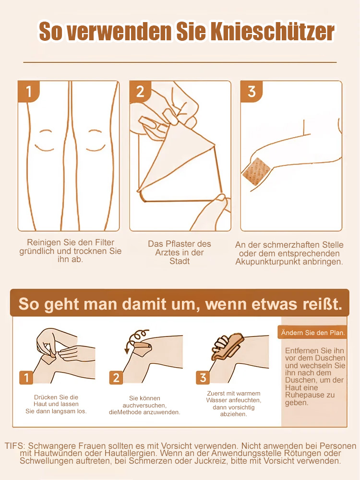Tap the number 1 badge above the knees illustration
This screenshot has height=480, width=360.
(29, 91)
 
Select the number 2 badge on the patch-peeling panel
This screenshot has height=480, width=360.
(140, 91)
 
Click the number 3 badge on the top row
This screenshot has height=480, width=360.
(252, 91)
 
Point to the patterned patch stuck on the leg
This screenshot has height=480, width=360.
(257, 171)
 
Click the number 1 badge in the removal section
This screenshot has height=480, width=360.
(26, 378)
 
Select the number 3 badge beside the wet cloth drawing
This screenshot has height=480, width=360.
(203, 378)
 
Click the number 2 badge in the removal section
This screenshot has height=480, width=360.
(116, 378)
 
